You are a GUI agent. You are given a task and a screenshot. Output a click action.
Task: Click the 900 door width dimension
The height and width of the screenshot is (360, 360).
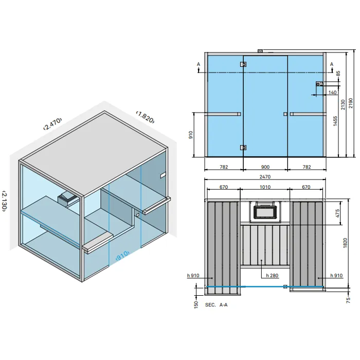tap(265, 167)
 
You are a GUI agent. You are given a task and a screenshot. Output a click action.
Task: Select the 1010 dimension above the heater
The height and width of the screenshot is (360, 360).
tap(265, 187)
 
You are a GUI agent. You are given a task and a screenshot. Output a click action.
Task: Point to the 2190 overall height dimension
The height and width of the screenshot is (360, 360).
tap(351, 103)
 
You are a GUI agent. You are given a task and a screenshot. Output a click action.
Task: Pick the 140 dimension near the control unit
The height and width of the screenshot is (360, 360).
tap(332, 93)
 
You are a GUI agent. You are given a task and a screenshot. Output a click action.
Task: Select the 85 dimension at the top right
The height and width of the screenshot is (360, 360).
tap(338, 74)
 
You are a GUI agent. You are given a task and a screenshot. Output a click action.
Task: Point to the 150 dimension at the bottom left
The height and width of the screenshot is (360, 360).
tap(196, 304)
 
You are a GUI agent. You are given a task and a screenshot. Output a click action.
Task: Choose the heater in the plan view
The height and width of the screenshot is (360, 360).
tap(264, 211)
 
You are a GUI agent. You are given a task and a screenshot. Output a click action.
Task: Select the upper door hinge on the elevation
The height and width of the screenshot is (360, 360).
tap(243, 64)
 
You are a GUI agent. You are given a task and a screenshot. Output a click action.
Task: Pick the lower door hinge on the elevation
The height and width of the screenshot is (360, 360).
tap(243, 148)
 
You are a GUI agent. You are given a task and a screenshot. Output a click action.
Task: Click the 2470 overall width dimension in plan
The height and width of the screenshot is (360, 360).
tap(265, 176)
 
